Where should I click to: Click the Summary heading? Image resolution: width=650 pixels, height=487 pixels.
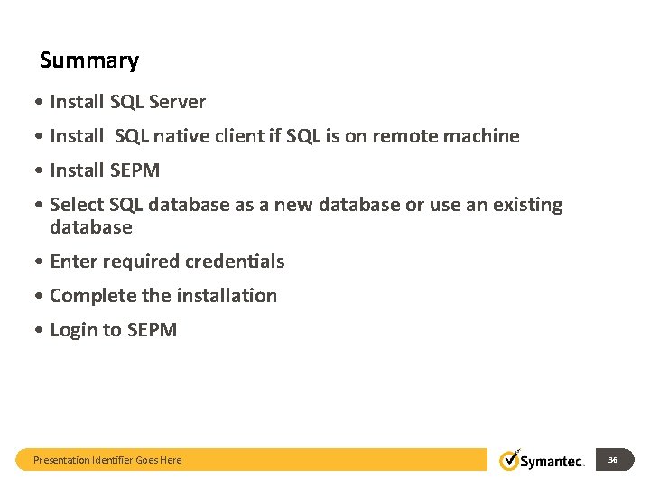pyautogui.click(x=89, y=61)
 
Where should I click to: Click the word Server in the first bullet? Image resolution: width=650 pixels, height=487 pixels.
pyautogui.click(x=178, y=102)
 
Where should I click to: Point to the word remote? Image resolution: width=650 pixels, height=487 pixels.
pyautogui.click(x=404, y=136)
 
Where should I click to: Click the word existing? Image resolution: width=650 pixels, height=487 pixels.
pyautogui.click(x=525, y=205)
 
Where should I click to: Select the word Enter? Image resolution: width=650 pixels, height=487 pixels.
pyautogui.click(x=73, y=262)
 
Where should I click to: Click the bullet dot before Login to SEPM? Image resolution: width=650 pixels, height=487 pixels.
pyautogui.click(x=42, y=330)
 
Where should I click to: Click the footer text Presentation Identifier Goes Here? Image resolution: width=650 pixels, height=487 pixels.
pyautogui.click(x=107, y=460)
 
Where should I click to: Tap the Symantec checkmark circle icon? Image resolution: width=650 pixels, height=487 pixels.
pyautogui.click(x=510, y=460)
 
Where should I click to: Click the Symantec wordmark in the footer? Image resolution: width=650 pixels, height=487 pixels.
pyautogui.click(x=553, y=461)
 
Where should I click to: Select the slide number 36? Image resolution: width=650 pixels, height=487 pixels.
pyautogui.click(x=613, y=460)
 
